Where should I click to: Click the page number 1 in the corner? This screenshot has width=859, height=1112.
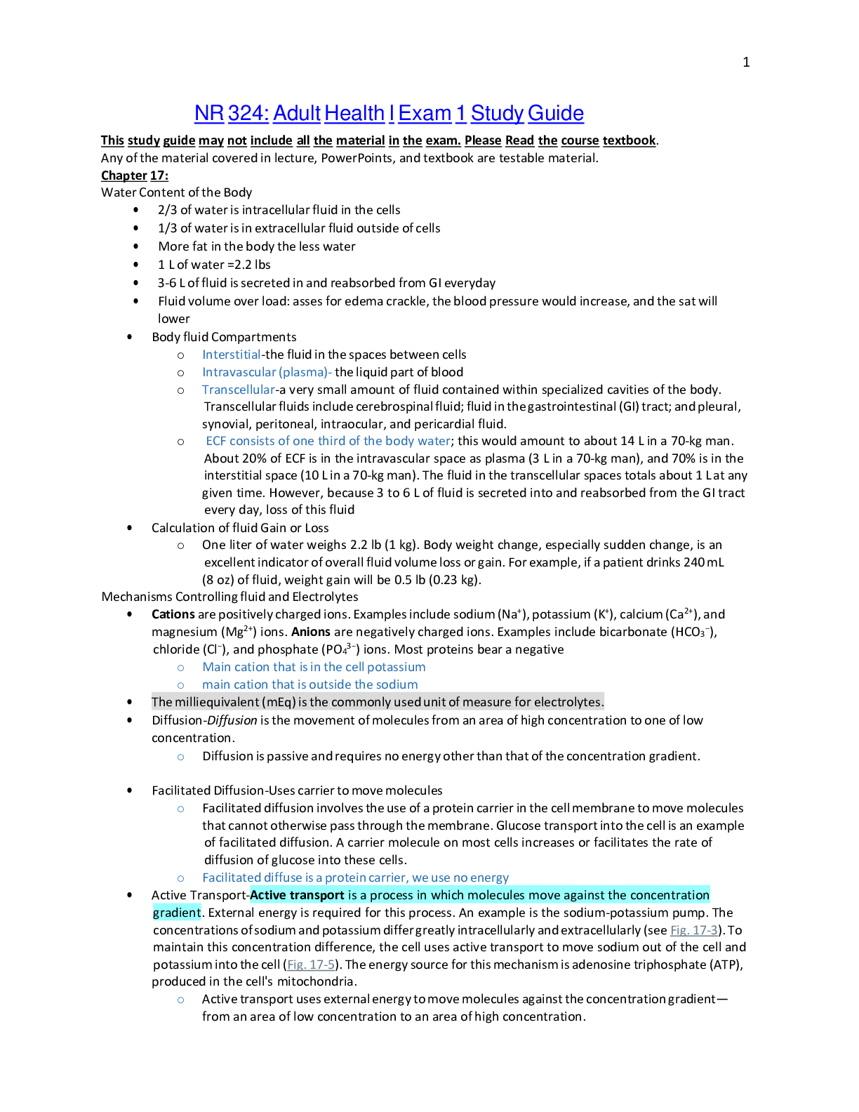(746, 62)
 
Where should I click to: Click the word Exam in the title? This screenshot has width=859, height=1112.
(425, 113)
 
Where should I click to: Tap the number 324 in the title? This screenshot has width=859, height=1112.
(248, 113)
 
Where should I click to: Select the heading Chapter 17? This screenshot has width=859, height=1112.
(135, 176)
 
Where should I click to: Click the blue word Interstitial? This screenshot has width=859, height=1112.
(232, 355)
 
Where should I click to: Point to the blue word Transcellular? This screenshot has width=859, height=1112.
(239, 390)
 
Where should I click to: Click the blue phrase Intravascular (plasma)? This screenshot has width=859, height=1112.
(265, 372)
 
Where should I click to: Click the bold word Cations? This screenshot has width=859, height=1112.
(173, 614)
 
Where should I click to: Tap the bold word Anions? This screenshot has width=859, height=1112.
(311, 632)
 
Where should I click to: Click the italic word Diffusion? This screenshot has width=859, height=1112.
(232, 720)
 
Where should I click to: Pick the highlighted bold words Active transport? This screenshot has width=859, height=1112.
(297, 895)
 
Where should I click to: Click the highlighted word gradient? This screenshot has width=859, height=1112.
(177, 913)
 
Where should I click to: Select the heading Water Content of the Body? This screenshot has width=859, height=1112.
(177, 192)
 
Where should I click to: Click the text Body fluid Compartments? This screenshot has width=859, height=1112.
(224, 337)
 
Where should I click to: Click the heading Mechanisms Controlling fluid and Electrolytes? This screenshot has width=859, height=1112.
(229, 597)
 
